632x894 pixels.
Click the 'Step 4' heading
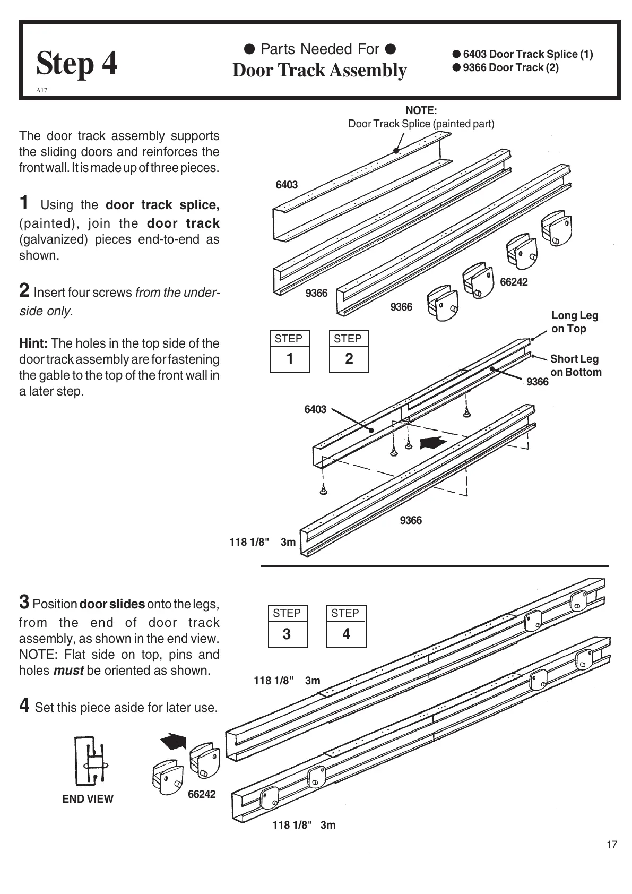tap(77, 64)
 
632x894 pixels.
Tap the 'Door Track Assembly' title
tap(319, 70)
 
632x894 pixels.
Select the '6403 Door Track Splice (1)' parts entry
tap(523, 54)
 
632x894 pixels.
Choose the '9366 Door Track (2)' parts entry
tap(506, 67)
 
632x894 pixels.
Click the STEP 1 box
tap(289, 351)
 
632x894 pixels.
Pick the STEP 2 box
tap(348, 351)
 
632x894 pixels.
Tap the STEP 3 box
tap(287, 626)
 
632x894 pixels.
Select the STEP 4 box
tap(346, 626)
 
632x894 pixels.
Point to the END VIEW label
tap(88, 799)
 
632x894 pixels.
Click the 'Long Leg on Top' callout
tap(575, 322)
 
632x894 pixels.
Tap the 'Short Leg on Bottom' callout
tap(576, 365)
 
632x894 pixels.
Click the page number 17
tap(612, 845)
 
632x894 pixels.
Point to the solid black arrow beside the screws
tap(432, 443)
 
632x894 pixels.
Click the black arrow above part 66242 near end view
tap(173, 741)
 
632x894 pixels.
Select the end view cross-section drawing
tap(89, 763)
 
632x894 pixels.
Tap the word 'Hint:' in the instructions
tap(33, 343)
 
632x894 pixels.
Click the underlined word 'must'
tap(68, 670)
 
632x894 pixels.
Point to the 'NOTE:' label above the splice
tap(421, 110)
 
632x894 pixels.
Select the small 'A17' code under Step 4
tap(41, 90)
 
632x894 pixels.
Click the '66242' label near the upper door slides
tap(514, 282)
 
